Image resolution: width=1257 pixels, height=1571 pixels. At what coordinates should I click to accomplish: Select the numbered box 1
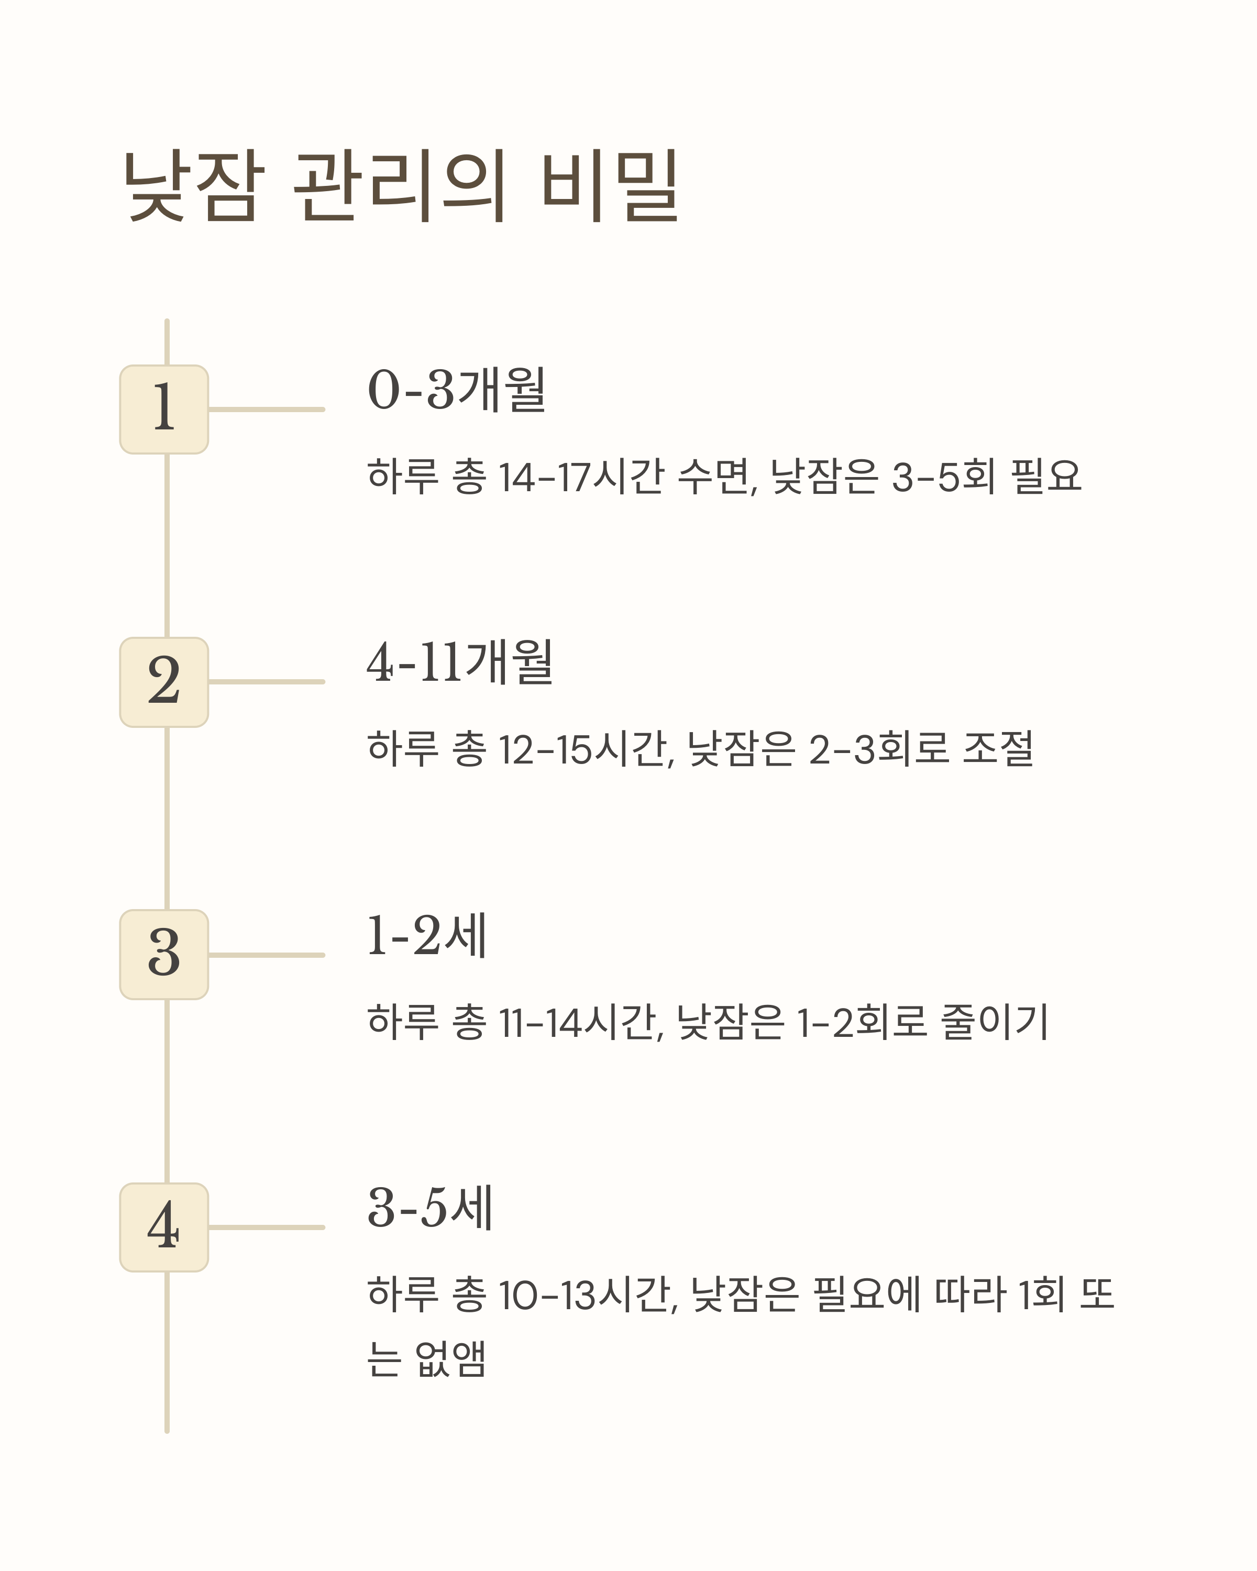click(164, 410)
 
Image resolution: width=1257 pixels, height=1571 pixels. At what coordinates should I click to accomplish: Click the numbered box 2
click(164, 682)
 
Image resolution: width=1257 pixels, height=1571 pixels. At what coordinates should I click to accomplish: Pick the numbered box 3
click(164, 955)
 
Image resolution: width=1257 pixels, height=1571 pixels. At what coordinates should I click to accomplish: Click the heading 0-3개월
click(457, 390)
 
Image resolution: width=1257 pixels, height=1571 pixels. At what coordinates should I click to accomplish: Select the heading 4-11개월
click(460, 662)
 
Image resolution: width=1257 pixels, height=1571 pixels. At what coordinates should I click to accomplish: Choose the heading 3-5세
click(431, 1208)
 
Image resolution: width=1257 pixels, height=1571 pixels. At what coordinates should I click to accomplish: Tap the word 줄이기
click(995, 1022)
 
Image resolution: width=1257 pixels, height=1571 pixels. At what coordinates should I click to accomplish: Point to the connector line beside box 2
click(267, 682)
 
